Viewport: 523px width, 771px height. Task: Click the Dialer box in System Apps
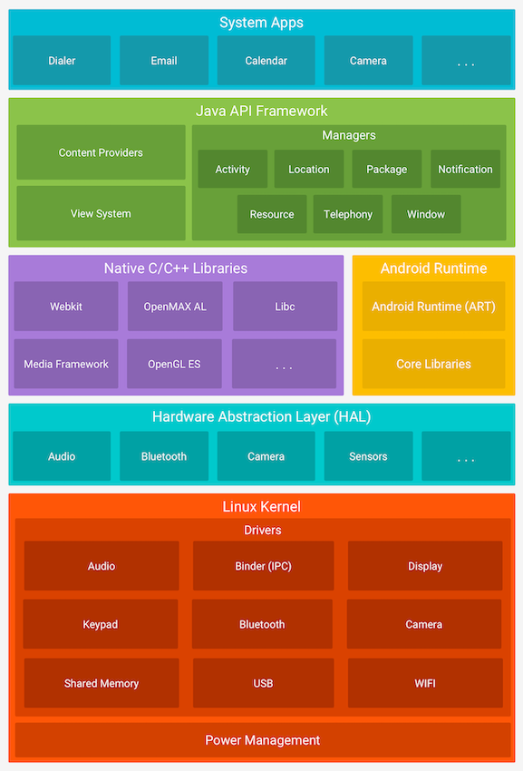click(62, 61)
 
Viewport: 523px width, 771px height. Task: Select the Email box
click(164, 61)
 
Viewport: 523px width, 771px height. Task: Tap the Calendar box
click(266, 61)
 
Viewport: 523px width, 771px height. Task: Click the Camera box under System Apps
click(368, 61)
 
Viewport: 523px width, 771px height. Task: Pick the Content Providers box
click(101, 152)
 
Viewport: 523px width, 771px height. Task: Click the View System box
click(101, 214)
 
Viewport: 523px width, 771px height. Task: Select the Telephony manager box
click(348, 214)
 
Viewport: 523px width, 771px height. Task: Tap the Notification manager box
click(465, 170)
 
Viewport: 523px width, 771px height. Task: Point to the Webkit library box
click(66, 307)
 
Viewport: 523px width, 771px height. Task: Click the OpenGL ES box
click(174, 364)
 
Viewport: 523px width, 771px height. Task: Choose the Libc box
click(285, 307)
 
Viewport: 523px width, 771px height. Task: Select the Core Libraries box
click(433, 364)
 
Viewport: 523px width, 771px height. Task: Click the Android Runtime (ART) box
click(433, 307)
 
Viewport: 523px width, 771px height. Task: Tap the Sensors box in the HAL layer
click(368, 456)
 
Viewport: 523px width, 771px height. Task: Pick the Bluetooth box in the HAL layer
click(164, 456)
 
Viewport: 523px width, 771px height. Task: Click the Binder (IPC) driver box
click(263, 566)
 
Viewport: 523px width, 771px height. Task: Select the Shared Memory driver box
click(102, 683)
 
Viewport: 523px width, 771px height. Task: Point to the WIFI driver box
click(424, 683)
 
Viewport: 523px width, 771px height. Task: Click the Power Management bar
click(262, 740)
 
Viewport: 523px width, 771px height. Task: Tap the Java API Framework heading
click(262, 111)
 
